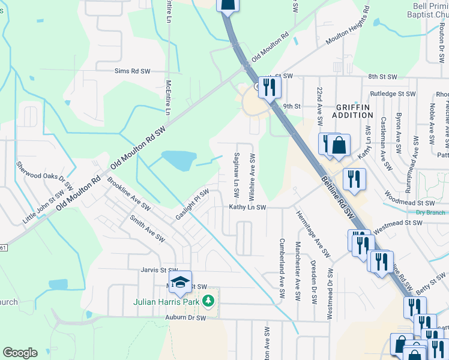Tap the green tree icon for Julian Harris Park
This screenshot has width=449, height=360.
[x=208, y=300]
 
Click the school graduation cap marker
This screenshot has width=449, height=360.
[x=180, y=281]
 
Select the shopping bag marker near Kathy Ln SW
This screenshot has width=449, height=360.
[x=339, y=146]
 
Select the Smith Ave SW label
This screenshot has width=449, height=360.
[x=146, y=228]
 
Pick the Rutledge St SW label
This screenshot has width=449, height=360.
[x=393, y=94]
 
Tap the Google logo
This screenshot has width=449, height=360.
[x=20, y=353]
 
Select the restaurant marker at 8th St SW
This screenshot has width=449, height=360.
[x=268, y=86]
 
